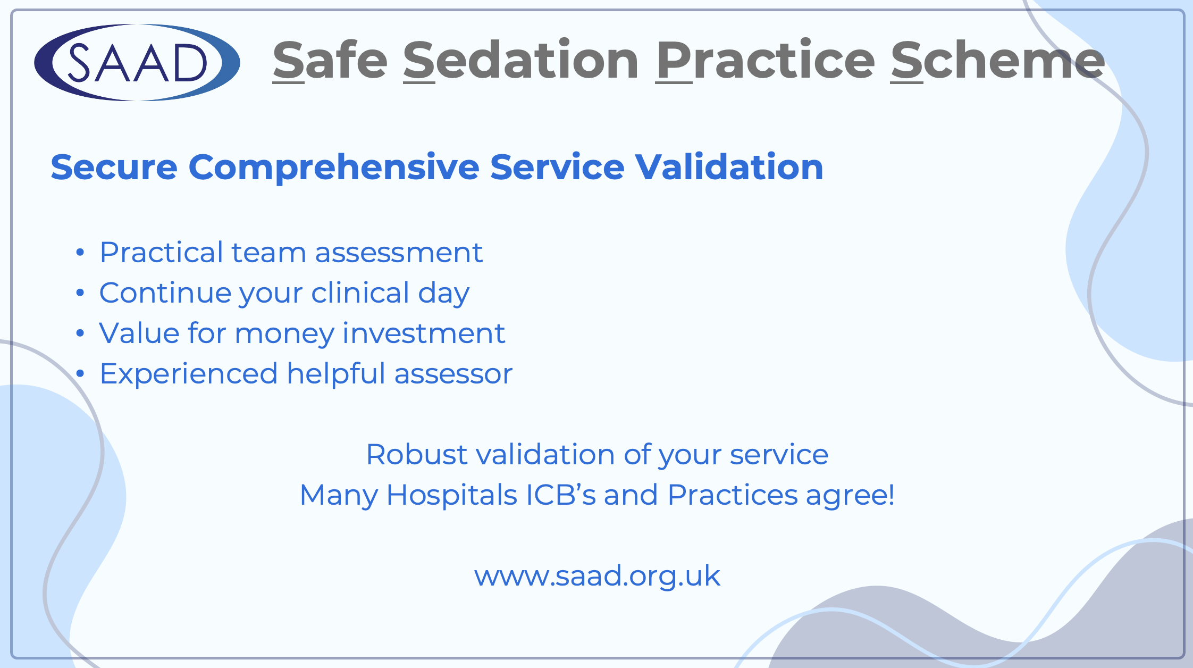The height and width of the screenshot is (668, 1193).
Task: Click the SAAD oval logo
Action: (137, 63)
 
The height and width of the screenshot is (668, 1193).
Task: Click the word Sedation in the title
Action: (521, 61)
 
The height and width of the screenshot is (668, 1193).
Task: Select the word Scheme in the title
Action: (998, 61)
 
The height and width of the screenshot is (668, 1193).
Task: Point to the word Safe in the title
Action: (330, 61)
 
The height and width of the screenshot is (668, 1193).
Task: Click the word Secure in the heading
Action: (114, 167)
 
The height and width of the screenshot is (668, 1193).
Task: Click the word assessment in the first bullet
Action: (399, 253)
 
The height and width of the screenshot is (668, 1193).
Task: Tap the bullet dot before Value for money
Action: (80, 333)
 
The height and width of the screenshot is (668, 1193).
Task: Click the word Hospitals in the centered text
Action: (451, 496)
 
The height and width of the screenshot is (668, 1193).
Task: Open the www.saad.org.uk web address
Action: (597, 577)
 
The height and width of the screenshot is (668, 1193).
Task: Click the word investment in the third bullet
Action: (424, 334)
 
